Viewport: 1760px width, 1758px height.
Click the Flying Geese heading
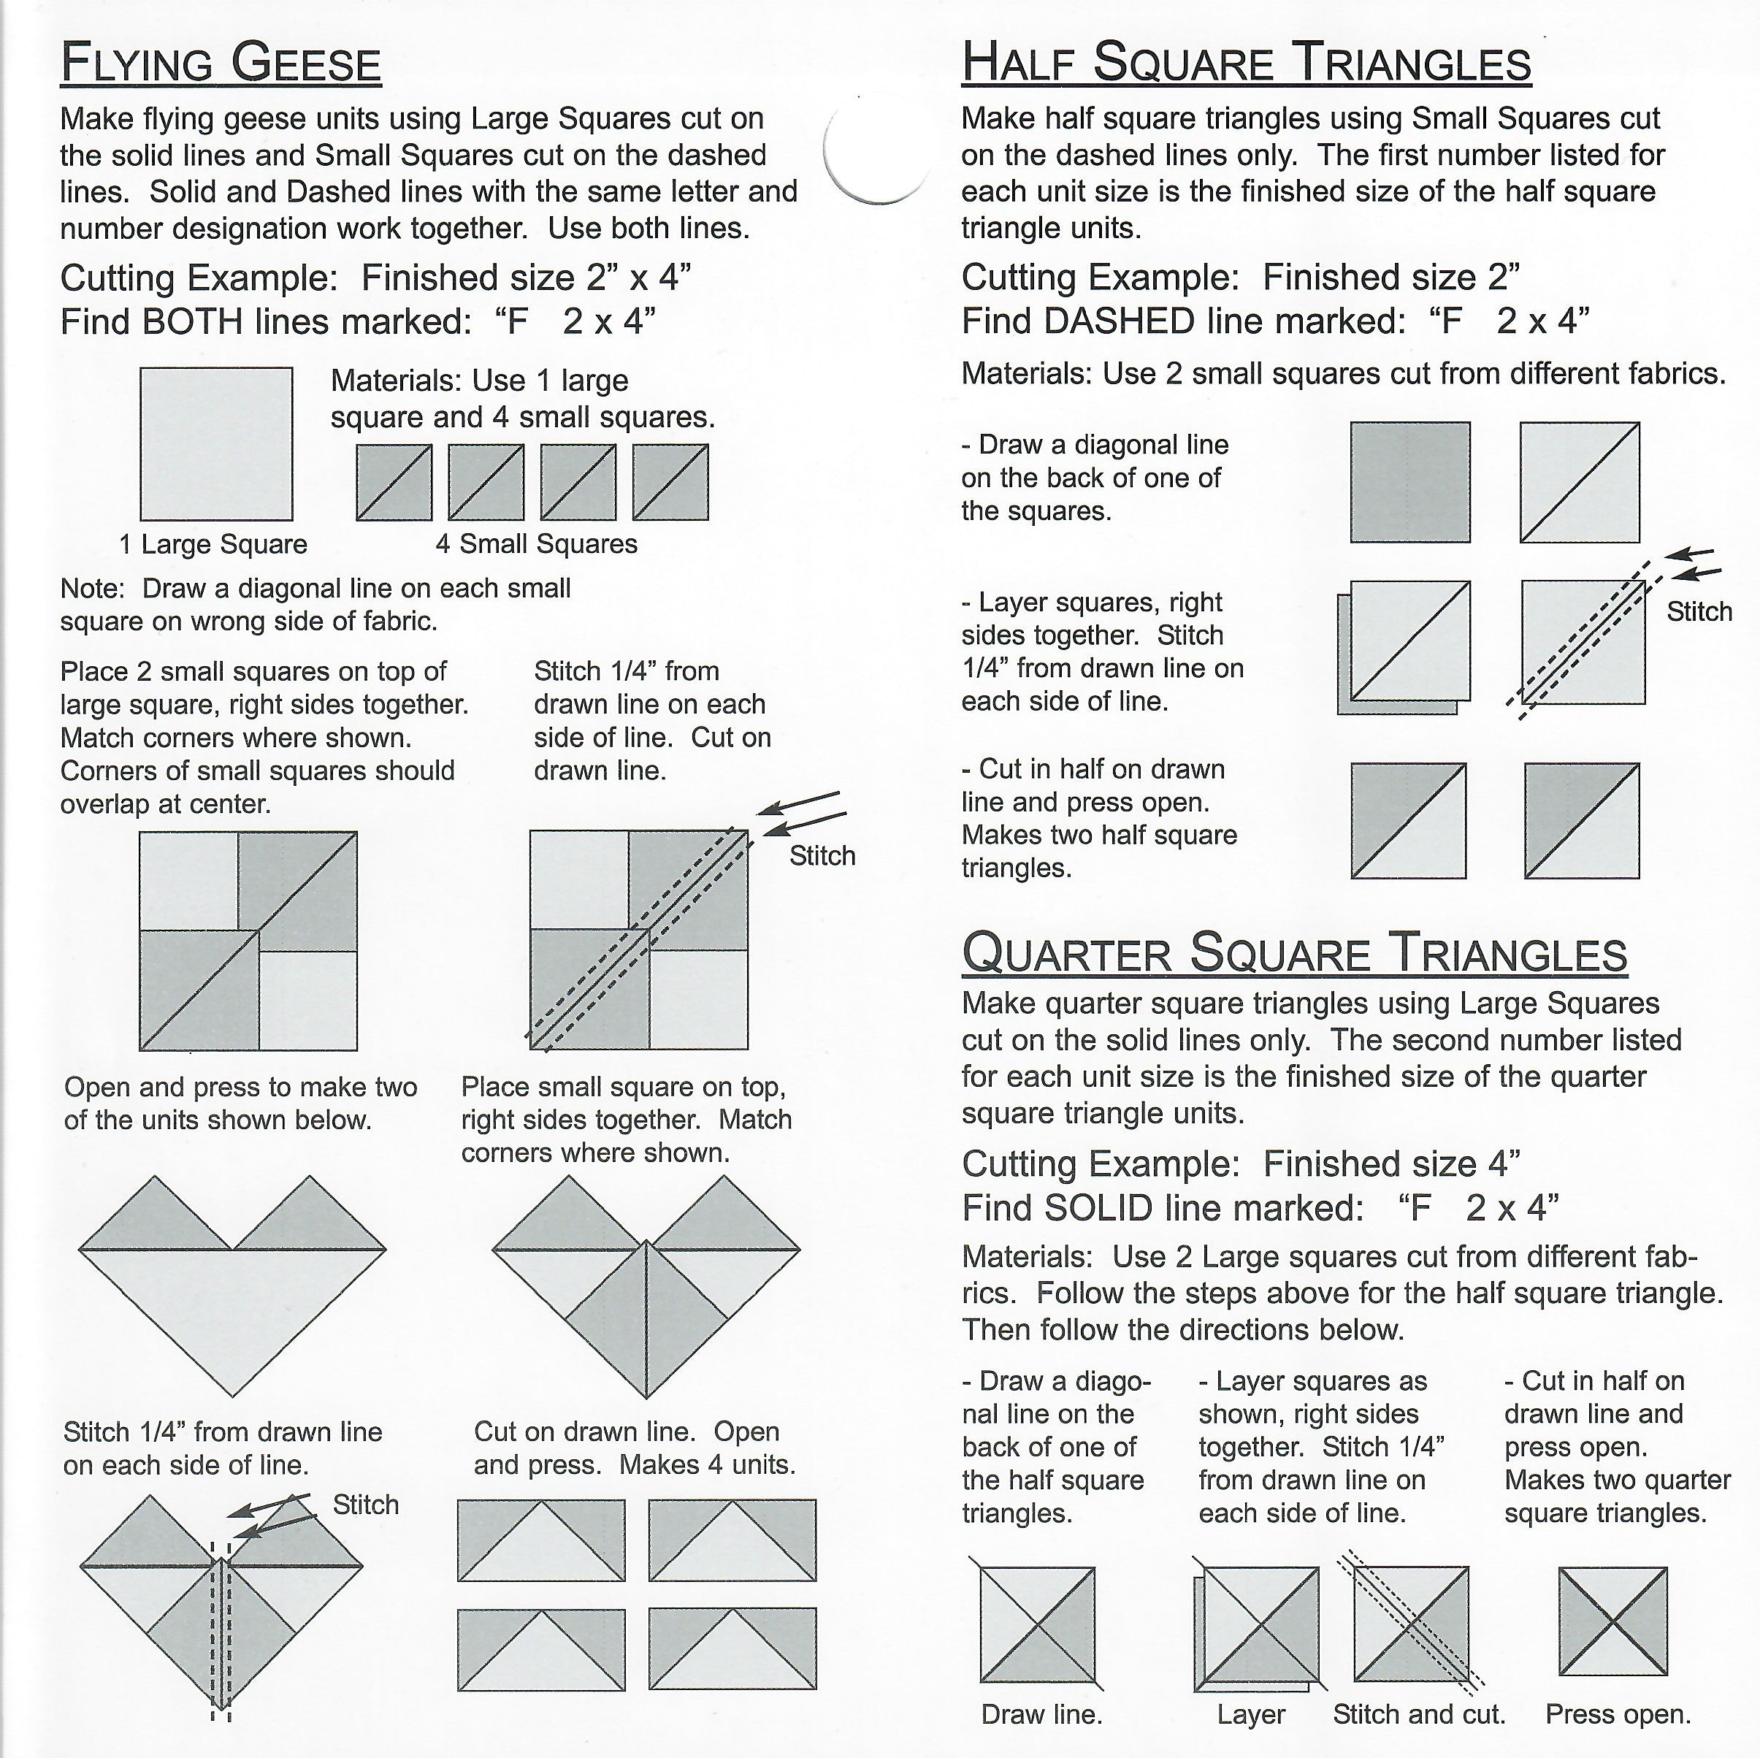tap(221, 64)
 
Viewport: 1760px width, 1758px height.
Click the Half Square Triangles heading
tap(1246, 63)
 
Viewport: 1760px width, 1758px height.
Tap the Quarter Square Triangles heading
tap(1293, 953)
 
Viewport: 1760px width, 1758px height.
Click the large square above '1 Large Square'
tap(216, 443)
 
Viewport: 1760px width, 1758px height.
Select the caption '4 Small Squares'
tap(537, 544)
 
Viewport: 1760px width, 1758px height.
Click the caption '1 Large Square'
tap(213, 545)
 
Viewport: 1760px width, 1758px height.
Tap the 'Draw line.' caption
tap(1041, 1714)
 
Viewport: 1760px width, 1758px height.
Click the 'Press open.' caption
tap(1618, 1714)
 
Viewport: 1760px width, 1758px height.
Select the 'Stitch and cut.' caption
tap(1418, 1714)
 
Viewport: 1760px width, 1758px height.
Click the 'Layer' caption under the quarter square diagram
tap(1251, 1714)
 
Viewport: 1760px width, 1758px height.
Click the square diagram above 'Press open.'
tap(1612, 1621)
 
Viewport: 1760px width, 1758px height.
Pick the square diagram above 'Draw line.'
tap(1038, 1623)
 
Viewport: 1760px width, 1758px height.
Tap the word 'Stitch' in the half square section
tap(1699, 611)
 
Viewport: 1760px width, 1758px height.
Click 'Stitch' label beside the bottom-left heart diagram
tap(365, 1504)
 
